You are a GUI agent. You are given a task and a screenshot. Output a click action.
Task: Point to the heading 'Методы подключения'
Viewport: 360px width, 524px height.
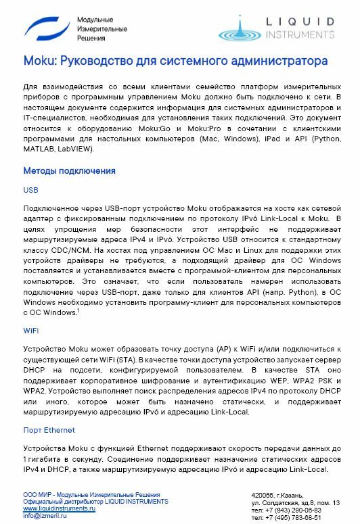(x=69, y=171)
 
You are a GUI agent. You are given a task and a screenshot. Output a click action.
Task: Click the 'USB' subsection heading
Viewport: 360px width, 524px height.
(x=31, y=191)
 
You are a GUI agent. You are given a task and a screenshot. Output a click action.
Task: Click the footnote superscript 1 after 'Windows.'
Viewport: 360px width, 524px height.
(x=78, y=310)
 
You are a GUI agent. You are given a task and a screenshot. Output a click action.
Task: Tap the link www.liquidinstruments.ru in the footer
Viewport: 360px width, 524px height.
(x=59, y=508)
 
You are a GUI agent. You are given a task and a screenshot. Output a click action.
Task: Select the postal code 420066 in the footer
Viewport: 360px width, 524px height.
(x=263, y=496)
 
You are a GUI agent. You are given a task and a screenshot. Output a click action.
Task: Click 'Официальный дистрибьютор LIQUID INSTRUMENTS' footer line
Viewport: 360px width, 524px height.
(x=95, y=502)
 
